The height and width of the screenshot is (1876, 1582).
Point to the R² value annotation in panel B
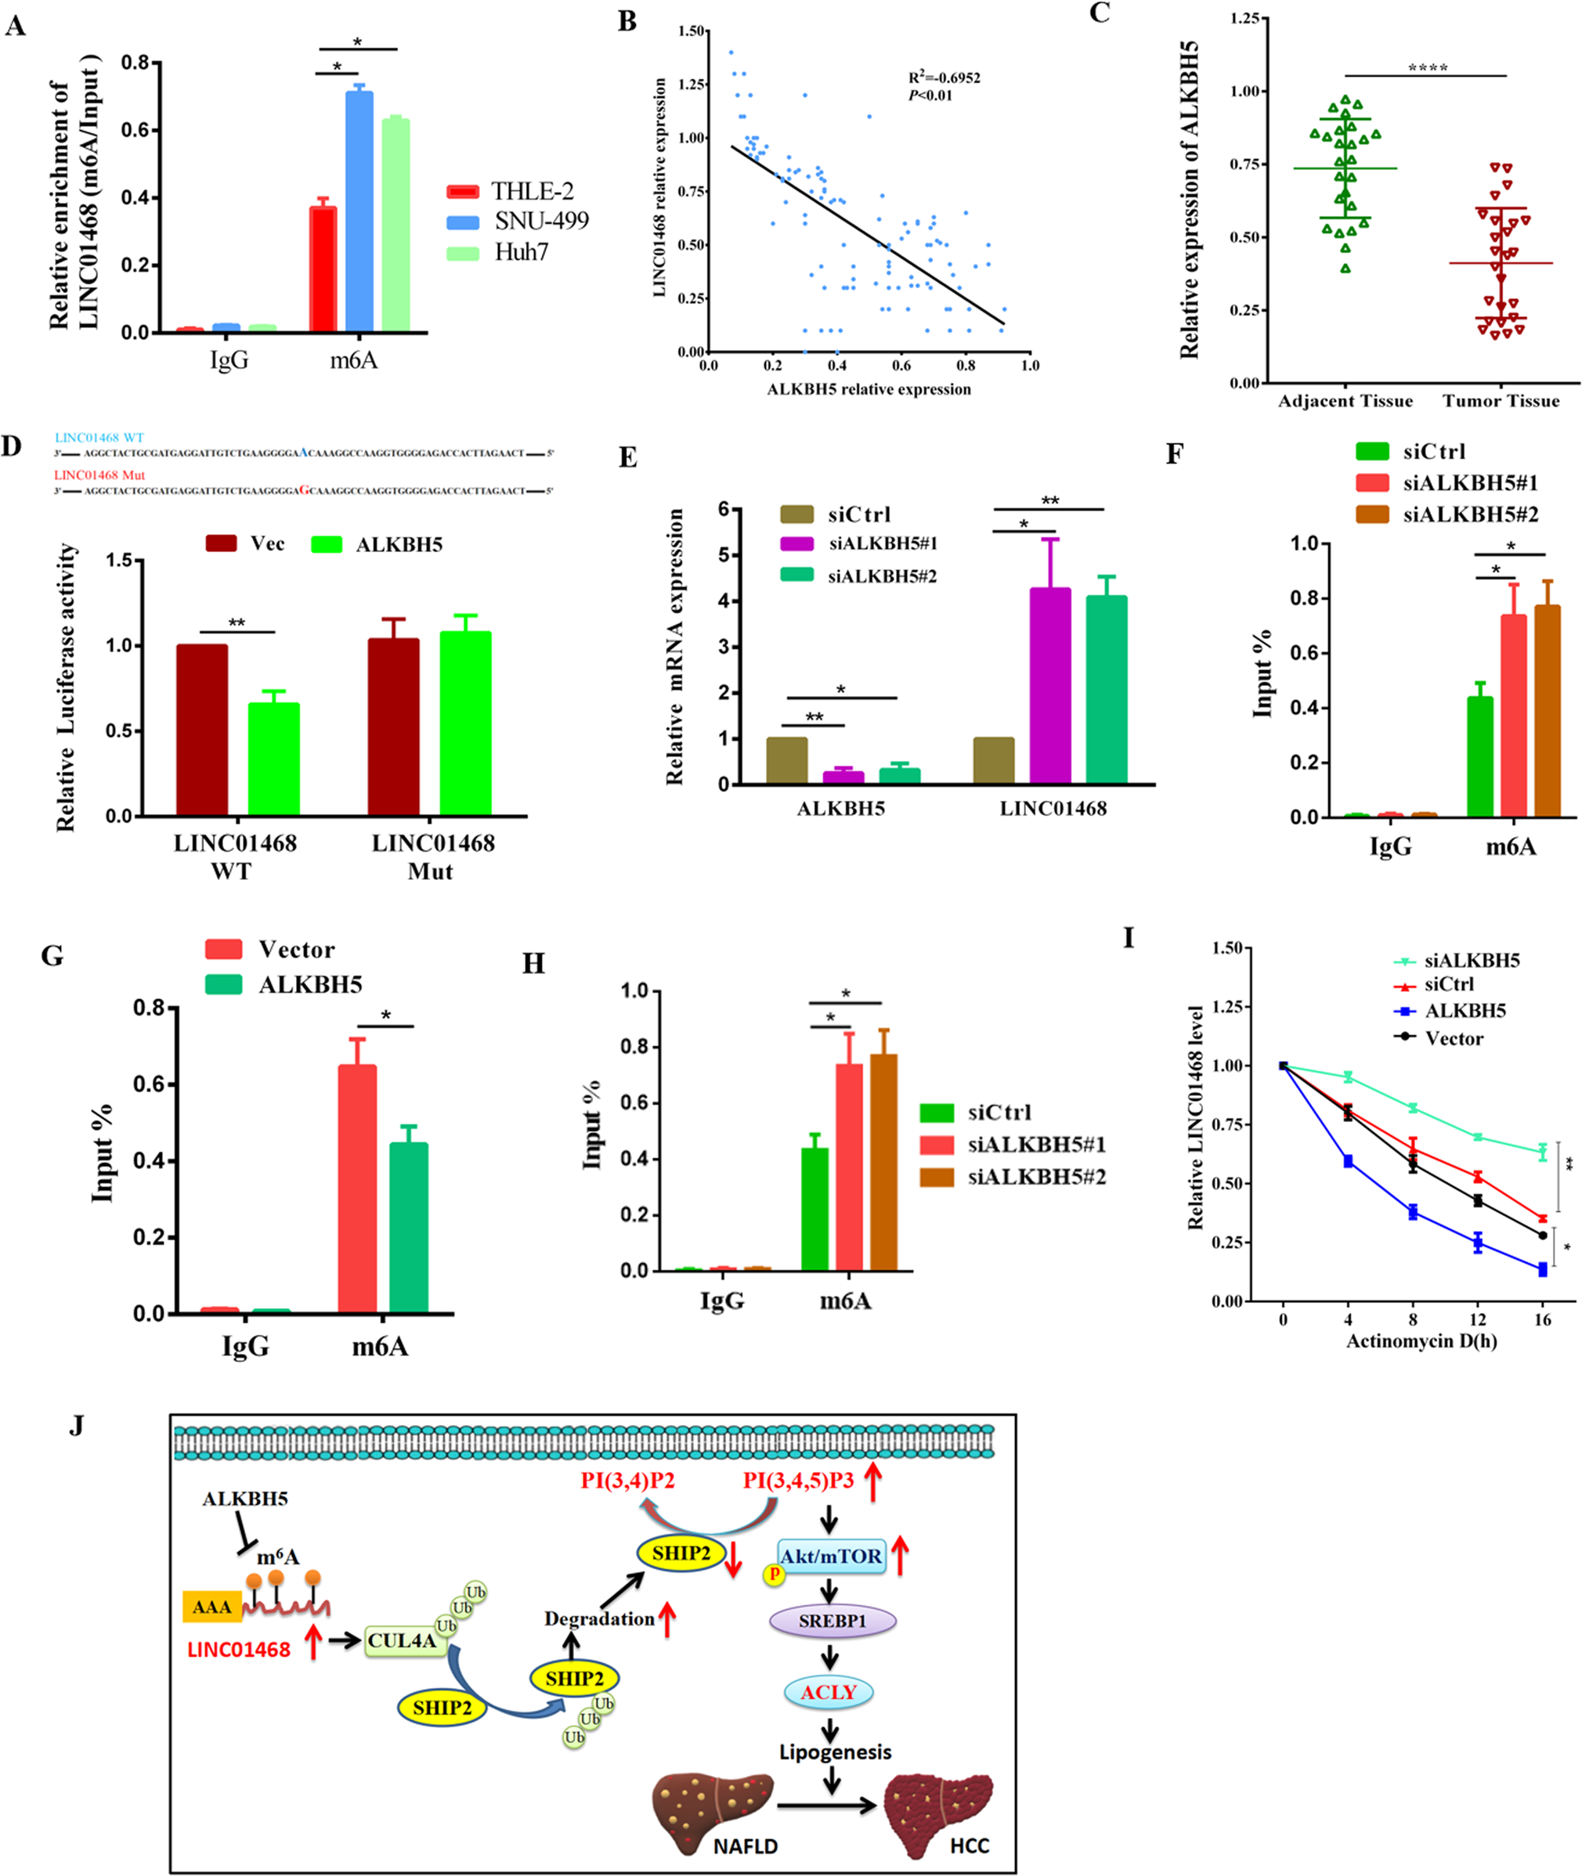click(944, 78)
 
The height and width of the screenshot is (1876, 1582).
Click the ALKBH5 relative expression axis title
click(868, 389)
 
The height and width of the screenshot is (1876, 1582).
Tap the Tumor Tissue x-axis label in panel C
click(1501, 401)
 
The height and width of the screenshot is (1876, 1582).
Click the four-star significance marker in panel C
click(1427, 68)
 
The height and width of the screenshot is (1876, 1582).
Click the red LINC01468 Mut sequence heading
click(99, 475)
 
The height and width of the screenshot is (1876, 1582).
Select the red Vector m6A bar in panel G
click(357, 1189)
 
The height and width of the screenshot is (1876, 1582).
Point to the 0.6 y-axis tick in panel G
click(149, 1084)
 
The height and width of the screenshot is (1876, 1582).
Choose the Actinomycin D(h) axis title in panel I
click(1421, 1341)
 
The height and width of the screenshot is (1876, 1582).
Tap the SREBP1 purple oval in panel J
click(833, 1622)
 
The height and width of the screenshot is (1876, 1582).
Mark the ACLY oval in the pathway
click(828, 1692)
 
